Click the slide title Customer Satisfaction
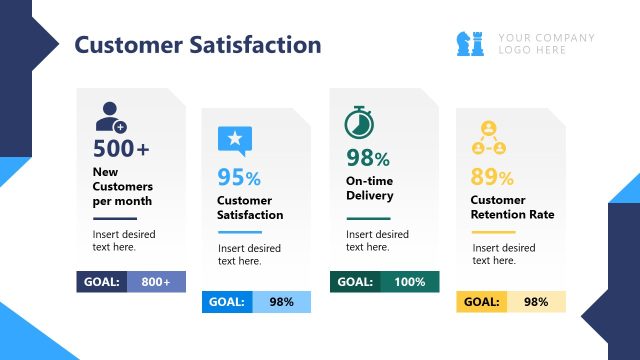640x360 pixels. (198, 45)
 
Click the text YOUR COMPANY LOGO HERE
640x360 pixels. (546, 44)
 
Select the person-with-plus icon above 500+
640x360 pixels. (110, 117)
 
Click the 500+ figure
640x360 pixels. (121, 149)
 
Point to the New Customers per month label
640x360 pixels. (122, 186)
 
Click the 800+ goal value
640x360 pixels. (155, 282)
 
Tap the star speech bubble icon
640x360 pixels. (235, 140)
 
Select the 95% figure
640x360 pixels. (239, 178)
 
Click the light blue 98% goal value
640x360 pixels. (281, 302)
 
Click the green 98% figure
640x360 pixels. (367, 157)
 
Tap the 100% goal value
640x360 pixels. (409, 282)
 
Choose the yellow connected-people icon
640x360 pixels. (488, 139)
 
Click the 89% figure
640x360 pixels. (492, 178)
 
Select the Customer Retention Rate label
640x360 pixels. (512, 207)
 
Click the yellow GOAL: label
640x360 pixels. (482, 302)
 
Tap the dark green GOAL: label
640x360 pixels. (355, 282)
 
